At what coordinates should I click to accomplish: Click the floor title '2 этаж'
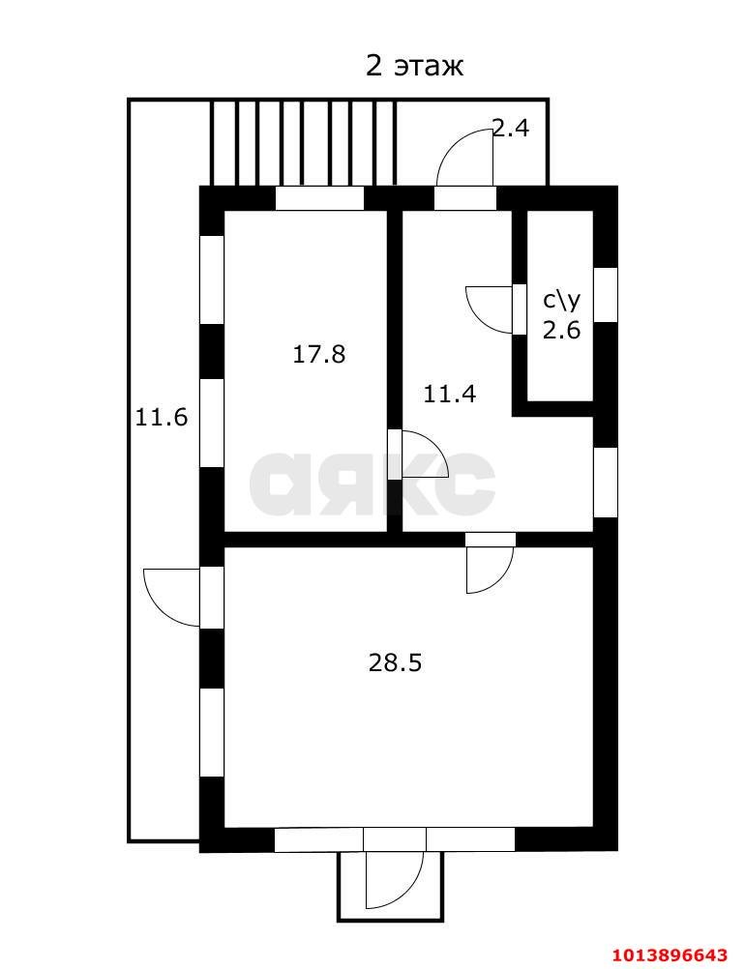tap(414, 66)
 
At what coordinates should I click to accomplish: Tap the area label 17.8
tap(318, 355)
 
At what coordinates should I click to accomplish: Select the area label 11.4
tap(450, 394)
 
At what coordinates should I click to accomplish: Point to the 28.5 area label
tap(395, 663)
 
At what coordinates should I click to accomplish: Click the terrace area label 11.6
tap(162, 418)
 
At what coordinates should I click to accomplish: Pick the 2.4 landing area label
tap(511, 128)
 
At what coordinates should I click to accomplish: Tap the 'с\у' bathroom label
tap(562, 301)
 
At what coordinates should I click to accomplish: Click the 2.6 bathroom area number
tap(562, 330)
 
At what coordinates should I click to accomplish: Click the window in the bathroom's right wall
tap(606, 294)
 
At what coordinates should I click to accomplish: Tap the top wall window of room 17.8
tap(319, 198)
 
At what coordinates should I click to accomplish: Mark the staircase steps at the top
tap(303, 143)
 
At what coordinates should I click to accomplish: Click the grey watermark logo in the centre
tap(372, 484)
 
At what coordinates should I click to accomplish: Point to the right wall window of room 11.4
tap(606, 483)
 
